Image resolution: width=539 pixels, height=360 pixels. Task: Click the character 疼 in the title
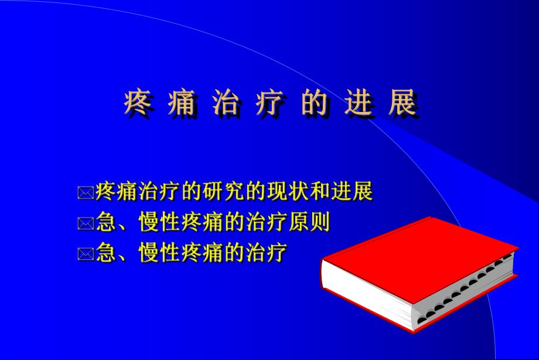click(137, 103)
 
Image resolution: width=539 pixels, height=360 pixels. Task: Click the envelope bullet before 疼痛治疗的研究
click(86, 192)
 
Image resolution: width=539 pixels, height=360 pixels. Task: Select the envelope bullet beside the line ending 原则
click(86, 223)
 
